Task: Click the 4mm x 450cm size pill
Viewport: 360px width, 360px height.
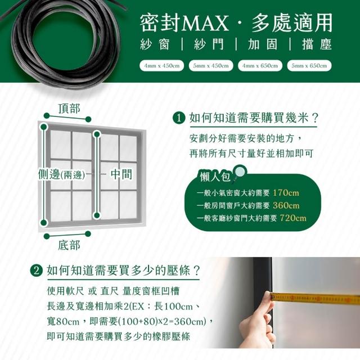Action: (161, 66)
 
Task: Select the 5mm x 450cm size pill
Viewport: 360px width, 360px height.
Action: (211, 66)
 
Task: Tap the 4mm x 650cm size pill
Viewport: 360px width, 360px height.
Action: (260, 66)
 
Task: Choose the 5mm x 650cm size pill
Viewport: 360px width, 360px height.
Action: (309, 66)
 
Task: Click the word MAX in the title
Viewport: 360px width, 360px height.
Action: (205, 23)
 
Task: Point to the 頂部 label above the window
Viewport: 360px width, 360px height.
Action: (69, 108)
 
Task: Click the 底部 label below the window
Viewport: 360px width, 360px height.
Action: (69, 245)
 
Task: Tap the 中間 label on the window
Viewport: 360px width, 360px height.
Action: (121, 174)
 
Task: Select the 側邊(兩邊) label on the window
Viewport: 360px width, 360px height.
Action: (61, 175)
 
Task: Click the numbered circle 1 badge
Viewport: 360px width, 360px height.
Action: (179, 119)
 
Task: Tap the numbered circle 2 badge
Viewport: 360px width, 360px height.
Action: (37, 271)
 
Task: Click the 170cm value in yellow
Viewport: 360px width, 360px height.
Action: (286, 192)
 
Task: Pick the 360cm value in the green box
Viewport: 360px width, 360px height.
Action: (286, 205)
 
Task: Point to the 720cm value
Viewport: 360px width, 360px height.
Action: (293, 218)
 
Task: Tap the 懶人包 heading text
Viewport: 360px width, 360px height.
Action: (215, 177)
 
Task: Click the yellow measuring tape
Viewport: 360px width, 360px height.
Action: (315, 298)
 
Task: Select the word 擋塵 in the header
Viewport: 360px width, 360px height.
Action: (317, 44)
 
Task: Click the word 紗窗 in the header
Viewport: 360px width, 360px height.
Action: (155, 44)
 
